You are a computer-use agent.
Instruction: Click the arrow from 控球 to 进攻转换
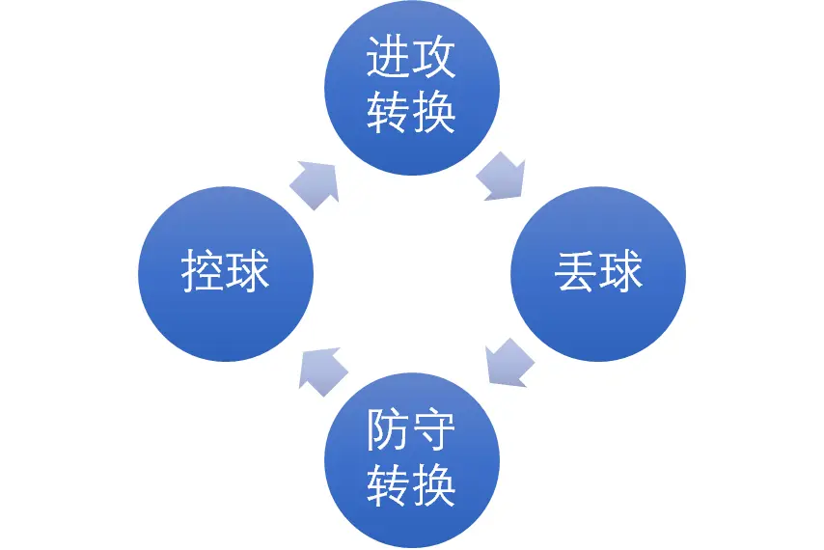pos(316,181)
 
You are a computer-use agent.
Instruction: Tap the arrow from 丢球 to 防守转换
pos(508,362)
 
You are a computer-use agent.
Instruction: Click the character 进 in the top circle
pos(389,60)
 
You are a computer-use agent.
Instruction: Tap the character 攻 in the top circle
pos(434,60)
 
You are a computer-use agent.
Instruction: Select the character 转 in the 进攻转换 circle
pos(389,114)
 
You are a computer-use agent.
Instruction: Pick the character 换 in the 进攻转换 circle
pos(434,114)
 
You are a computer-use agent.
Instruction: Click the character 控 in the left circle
pos(203,274)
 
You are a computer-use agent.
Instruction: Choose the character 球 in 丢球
pos(621,274)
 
